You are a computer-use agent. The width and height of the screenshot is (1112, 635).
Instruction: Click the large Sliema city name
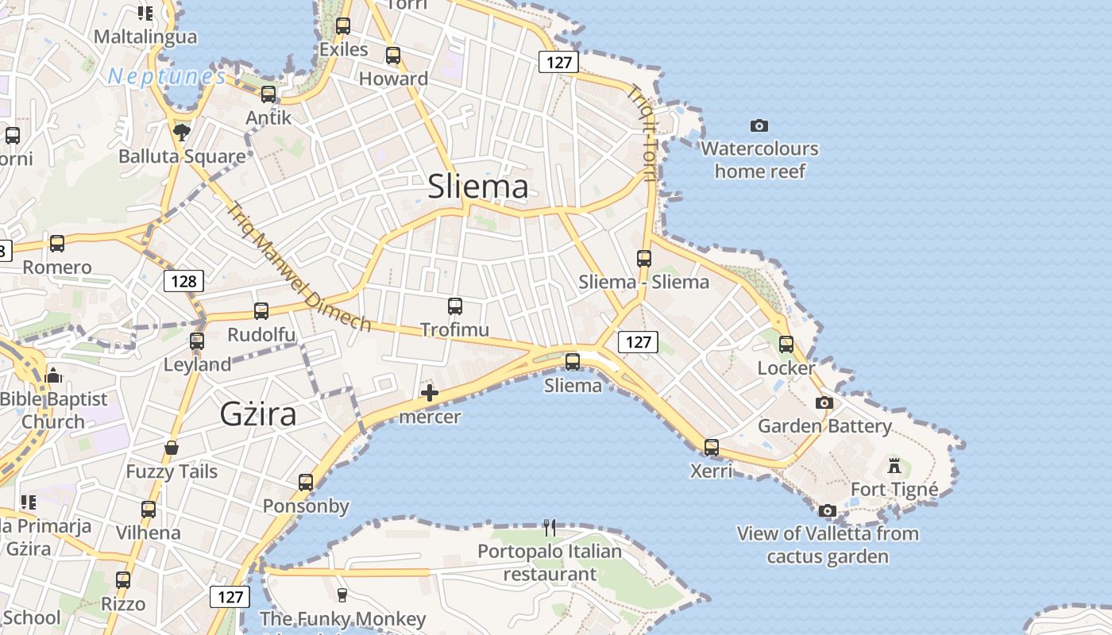(477, 187)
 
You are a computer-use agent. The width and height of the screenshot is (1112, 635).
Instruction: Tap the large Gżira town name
(258, 414)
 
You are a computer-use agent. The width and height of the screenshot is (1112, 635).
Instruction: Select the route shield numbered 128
(183, 281)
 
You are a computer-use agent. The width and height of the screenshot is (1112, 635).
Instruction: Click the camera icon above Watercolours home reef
(759, 125)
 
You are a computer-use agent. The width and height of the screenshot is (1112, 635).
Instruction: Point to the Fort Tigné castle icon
(894, 465)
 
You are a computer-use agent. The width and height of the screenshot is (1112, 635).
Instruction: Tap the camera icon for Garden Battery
(824, 402)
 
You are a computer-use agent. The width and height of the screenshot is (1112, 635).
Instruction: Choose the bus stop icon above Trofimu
(455, 306)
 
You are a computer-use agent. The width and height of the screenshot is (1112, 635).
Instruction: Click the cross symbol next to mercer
(430, 392)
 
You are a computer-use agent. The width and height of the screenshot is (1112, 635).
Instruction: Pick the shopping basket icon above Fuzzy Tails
(172, 448)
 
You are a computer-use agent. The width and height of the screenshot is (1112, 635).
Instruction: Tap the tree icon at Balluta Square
(182, 132)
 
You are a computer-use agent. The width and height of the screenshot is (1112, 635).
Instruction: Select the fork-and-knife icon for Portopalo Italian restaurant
(549, 526)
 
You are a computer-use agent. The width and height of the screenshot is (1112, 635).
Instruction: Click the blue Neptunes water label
(168, 76)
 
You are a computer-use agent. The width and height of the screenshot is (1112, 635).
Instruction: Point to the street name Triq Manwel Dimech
(299, 267)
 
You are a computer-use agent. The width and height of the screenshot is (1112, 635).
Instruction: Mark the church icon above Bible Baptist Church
(53, 375)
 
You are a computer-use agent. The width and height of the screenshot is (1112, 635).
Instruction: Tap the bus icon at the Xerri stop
(712, 447)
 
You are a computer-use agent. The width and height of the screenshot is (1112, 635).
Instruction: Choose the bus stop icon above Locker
(786, 344)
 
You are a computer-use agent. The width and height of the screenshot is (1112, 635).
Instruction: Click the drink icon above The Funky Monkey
(342, 595)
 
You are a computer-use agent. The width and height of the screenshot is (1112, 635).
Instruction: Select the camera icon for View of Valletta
(828, 510)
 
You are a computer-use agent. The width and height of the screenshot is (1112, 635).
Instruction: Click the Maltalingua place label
(145, 37)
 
